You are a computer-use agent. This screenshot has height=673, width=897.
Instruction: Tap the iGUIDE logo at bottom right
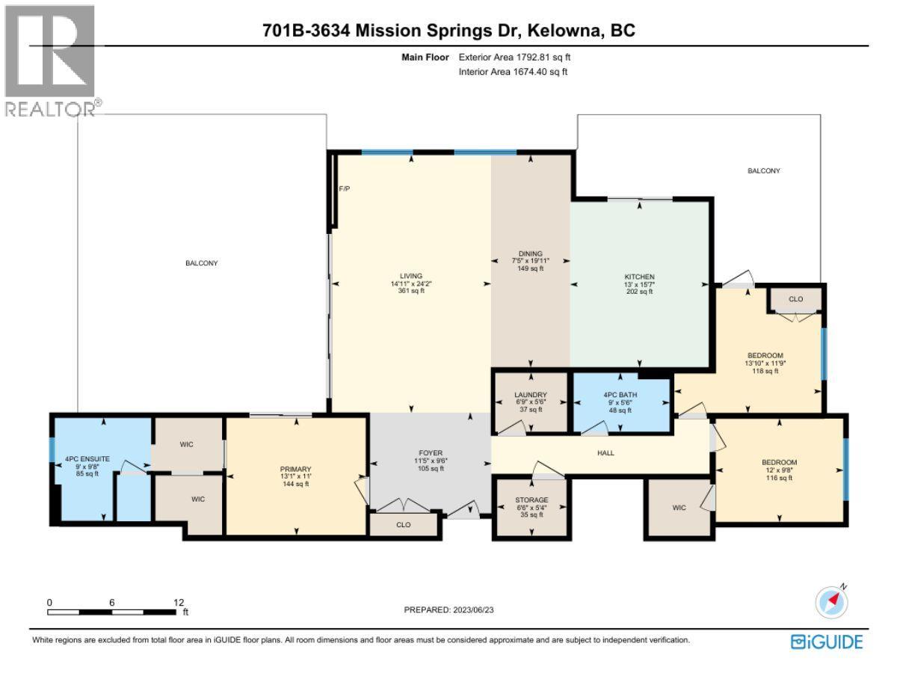tap(827, 642)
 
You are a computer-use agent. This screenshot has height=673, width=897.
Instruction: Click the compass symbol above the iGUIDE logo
tap(830, 601)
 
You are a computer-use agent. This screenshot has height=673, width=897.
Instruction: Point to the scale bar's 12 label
tap(179, 602)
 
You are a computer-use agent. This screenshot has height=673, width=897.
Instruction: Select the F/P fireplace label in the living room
tap(345, 188)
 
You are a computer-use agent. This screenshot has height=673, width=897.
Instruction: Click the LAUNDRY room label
tap(531, 395)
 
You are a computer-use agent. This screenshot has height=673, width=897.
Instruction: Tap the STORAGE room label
tap(531, 500)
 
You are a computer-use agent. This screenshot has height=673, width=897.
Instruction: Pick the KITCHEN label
tap(639, 276)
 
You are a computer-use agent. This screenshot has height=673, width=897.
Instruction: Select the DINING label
tap(531, 253)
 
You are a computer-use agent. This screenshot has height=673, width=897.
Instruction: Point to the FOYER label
tap(431, 453)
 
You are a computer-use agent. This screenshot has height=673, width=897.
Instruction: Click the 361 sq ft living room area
tap(410, 292)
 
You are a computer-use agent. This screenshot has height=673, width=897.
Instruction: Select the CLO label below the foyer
tap(404, 526)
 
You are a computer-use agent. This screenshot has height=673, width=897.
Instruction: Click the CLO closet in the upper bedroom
tap(795, 299)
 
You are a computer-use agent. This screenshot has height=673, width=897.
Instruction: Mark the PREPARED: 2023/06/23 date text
tap(449, 609)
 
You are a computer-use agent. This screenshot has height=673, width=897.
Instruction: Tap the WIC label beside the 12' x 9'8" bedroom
tap(679, 508)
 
